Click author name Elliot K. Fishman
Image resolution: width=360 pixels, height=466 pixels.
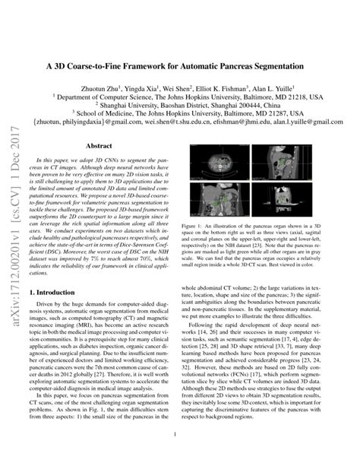(x=221, y=87)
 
